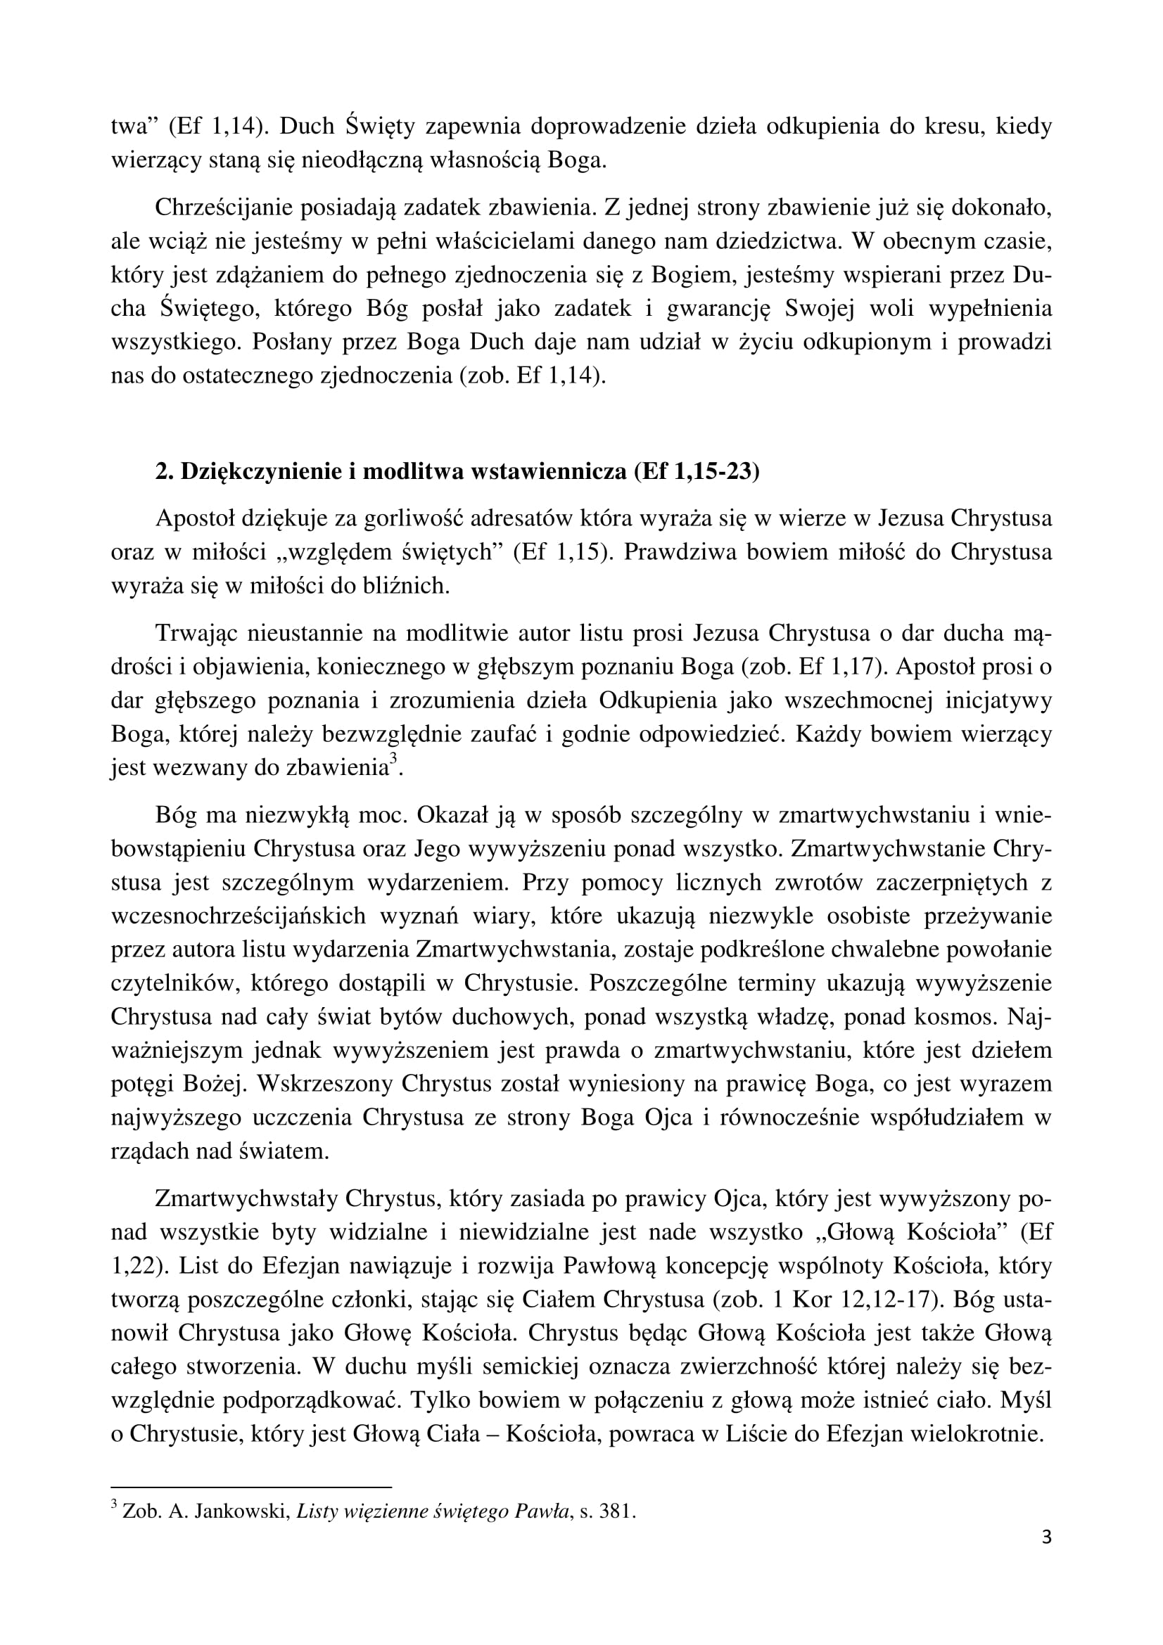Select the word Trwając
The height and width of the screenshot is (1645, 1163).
(196, 634)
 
